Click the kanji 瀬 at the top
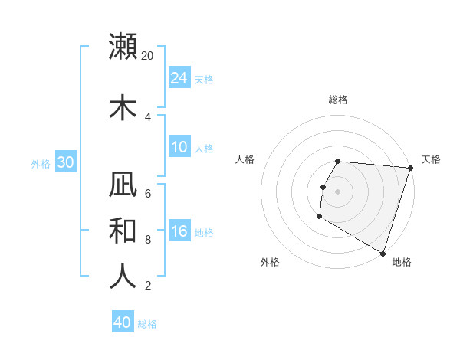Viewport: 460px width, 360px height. tap(123, 47)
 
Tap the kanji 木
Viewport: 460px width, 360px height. tap(123, 107)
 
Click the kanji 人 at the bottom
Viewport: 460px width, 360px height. tap(123, 276)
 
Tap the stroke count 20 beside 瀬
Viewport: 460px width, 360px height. tap(148, 56)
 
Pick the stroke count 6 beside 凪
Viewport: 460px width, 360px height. tap(148, 193)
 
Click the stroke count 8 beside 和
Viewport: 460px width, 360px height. tap(148, 239)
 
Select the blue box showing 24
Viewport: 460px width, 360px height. tap(179, 78)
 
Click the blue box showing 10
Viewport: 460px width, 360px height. tap(179, 147)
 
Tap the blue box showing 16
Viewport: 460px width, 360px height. tap(179, 231)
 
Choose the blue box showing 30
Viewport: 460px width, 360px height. tap(65, 162)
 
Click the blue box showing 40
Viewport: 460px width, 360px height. tap(123, 322)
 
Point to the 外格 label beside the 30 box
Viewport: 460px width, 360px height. tap(41, 163)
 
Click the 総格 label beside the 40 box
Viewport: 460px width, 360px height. tap(147, 324)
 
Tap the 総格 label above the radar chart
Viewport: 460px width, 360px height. tap(337, 100)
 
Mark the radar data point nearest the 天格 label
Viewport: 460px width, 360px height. tap(409, 168)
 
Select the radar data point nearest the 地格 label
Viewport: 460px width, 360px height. tap(381, 253)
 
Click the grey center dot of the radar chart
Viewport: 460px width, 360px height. tap(337, 191)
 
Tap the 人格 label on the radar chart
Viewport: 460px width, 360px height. tap(245, 159)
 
